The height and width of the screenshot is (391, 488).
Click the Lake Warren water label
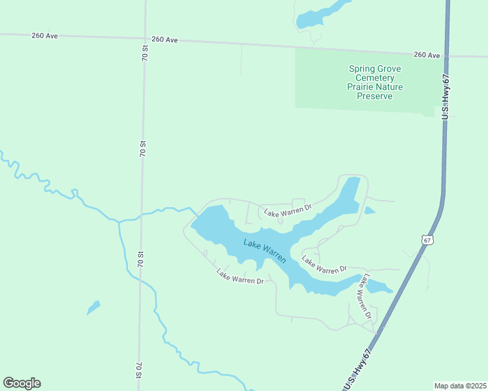[x=264, y=250]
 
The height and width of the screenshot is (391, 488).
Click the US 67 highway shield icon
[x=427, y=240]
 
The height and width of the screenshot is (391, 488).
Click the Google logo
[x=22, y=383]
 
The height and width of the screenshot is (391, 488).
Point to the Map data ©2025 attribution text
[x=460, y=385]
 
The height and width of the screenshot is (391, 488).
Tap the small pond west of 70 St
[x=94, y=307]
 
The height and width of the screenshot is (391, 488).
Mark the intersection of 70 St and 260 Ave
[x=144, y=38]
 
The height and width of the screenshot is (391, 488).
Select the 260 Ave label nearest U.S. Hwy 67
[x=427, y=55]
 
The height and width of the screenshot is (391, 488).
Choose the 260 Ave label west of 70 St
[x=44, y=35]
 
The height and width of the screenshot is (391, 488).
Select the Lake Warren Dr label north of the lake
[x=288, y=211]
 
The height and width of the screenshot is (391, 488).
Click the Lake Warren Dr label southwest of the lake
[x=240, y=277]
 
